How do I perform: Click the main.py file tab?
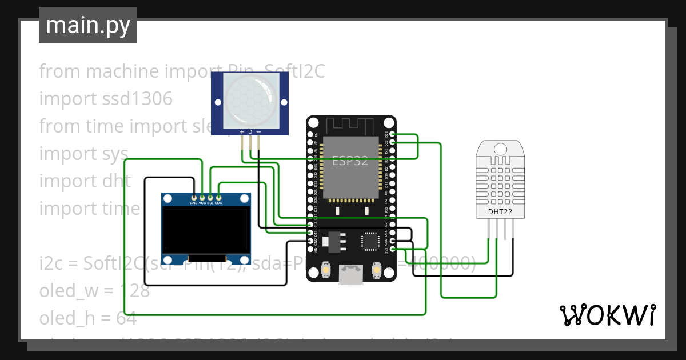[87, 25]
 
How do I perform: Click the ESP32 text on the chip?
[350, 161]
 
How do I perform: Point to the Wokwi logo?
[607, 315]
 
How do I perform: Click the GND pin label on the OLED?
[194, 203]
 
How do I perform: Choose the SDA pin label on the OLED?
[218, 203]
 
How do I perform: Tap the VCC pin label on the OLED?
[202, 203]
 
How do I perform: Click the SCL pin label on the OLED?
[210, 203]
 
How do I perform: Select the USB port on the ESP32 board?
[350, 275]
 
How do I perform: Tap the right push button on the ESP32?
[377, 268]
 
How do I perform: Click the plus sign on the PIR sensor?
[242, 132]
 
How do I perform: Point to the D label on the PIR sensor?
[250, 132]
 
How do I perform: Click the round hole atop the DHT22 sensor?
[500, 149]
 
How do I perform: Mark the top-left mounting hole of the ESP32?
[313, 123]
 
